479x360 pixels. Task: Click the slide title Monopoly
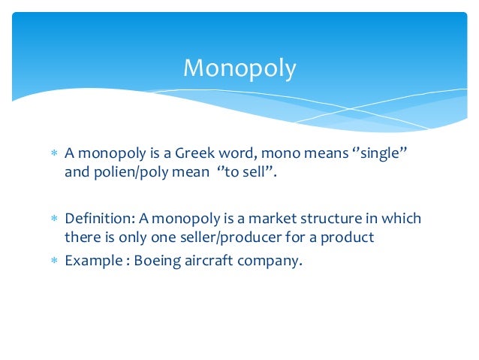[x=239, y=69]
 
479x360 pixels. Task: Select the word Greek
[x=197, y=153]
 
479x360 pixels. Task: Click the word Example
[x=92, y=262]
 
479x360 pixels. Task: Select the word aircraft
[x=212, y=262]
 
